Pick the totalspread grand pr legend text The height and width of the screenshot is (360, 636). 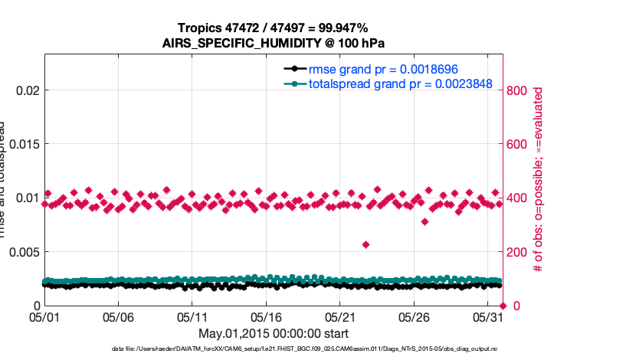coord(399,83)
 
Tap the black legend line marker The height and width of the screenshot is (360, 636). coord(294,68)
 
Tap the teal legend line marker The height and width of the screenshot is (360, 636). coord(294,83)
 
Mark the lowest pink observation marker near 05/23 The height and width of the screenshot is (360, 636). coord(366,244)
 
